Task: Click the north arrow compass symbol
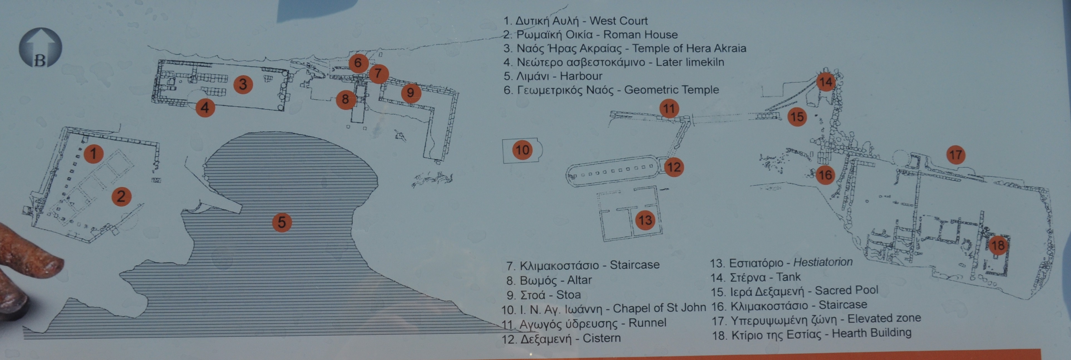click(40, 48)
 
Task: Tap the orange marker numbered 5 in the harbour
click(282, 222)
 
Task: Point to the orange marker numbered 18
click(998, 245)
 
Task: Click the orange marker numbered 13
click(645, 220)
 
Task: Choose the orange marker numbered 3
click(243, 85)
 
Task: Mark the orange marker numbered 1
click(93, 153)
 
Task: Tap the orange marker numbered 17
click(956, 155)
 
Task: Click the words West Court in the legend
click(619, 21)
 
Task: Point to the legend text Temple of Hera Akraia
click(689, 48)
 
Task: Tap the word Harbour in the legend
click(581, 76)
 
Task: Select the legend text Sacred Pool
click(847, 290)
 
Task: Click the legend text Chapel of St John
click(659, 308)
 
